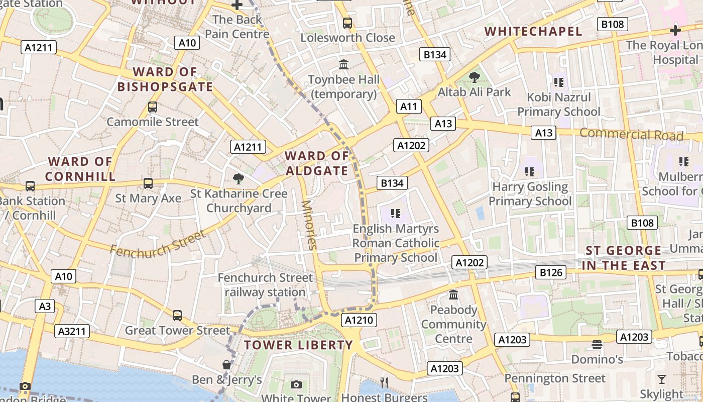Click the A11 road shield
(x=409, y=106)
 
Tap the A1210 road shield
(x=359, y=320)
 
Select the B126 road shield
(x=552, y=272)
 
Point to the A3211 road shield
(x=73, y=331)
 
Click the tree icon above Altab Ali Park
(x=474, y=77)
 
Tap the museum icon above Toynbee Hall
(x=344, y=64)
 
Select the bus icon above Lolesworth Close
(x=347, y=23)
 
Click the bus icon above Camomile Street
(x=153, y=107)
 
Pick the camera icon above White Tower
(x=296, y=384)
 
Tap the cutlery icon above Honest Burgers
(x=384, y=383)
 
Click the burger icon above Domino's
(x=597, y=345)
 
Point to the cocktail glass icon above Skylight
(x=661, y=379)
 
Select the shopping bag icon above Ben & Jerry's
(x=227, y=364)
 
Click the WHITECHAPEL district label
(x=533, y=31)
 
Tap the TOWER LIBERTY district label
(x=298, y=345)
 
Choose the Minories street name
(x=309, y=225)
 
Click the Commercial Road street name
(x=631, y=134)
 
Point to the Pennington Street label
(x=555, y=378)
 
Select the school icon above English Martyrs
(x=396, y=214)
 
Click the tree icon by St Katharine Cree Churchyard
(x=239, y=178)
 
